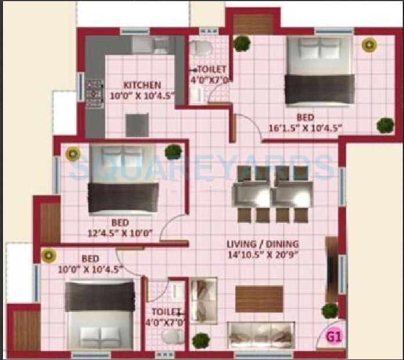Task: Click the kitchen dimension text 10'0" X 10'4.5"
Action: (x=142, y=96)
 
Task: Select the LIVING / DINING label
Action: (x=263, y=244)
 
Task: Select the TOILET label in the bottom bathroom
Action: (x=166, y=312)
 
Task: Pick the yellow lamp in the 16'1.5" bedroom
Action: (x=367, y=45)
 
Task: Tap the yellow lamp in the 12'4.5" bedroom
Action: (x=72, y=154)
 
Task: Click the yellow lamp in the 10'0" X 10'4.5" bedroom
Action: (x=48, y=254)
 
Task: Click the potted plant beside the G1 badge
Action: (x=330, y=311)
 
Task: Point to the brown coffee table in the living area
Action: (x=259, y=298)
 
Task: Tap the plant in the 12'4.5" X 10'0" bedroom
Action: (x=173, y=152)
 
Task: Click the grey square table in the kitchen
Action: (x=137, y=124)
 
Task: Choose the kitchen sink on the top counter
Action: (x=158, y=45)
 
